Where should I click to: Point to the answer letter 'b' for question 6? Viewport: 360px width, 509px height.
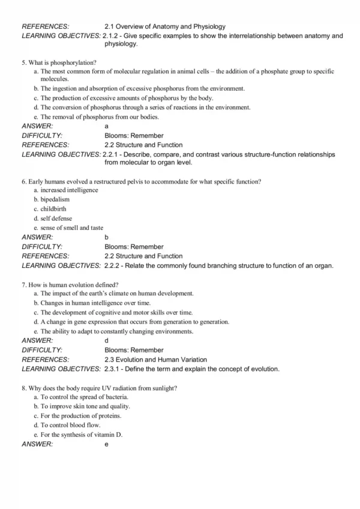click(107, 237)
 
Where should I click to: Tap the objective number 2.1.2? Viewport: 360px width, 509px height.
click(112, 36)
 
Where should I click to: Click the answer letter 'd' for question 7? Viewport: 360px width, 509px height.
click(107, 341)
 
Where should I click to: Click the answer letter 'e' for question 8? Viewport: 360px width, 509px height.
click(107, 445)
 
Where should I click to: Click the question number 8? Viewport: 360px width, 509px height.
click(23, 388)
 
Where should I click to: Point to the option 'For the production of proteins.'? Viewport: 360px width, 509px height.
click(80, 415)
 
